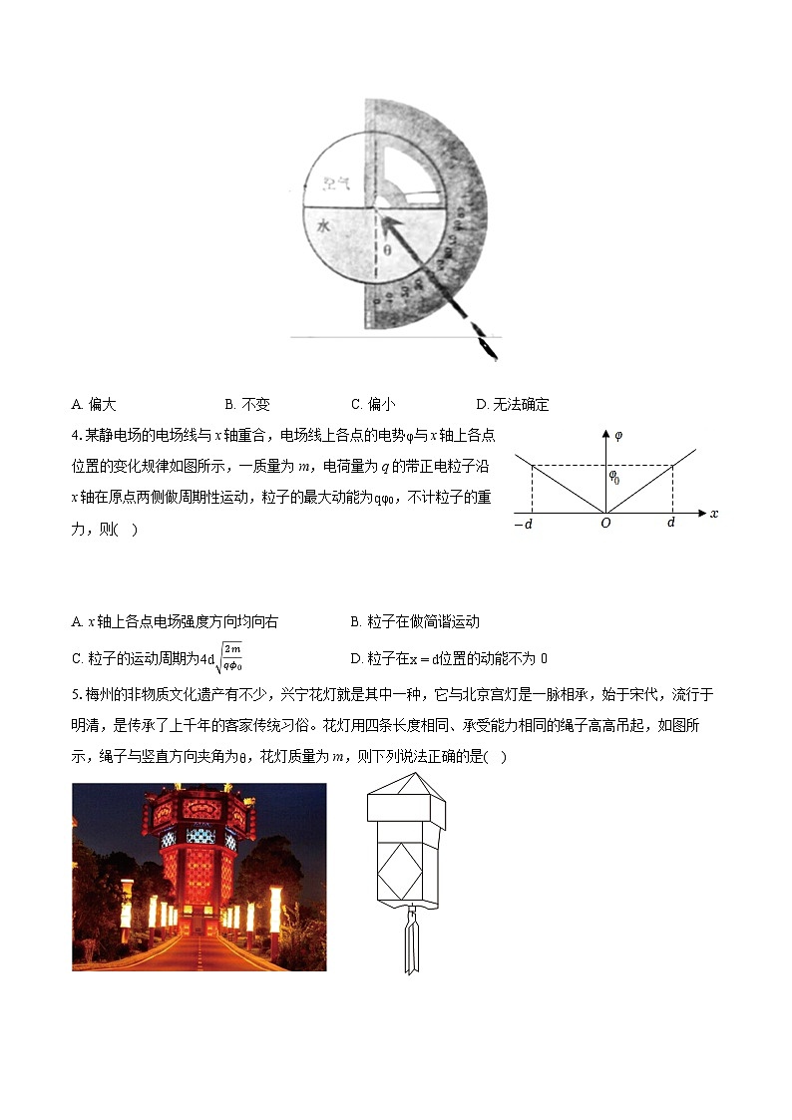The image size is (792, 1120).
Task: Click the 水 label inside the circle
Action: pos(323,226)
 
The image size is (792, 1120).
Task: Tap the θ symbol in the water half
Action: pos(388,250)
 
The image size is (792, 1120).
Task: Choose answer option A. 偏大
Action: pos(95,404)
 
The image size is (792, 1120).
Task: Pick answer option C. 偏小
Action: pos(373,404)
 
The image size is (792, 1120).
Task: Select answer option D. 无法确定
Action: pos(513,404)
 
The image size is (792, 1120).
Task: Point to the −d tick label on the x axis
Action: pos(523,525)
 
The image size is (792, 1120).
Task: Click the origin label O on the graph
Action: pos(605,525)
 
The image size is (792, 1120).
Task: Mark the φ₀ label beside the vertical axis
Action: pos(615,478)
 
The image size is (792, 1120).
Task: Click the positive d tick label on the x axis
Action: pos(671,525)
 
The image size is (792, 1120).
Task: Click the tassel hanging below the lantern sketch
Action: pos(410,942)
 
